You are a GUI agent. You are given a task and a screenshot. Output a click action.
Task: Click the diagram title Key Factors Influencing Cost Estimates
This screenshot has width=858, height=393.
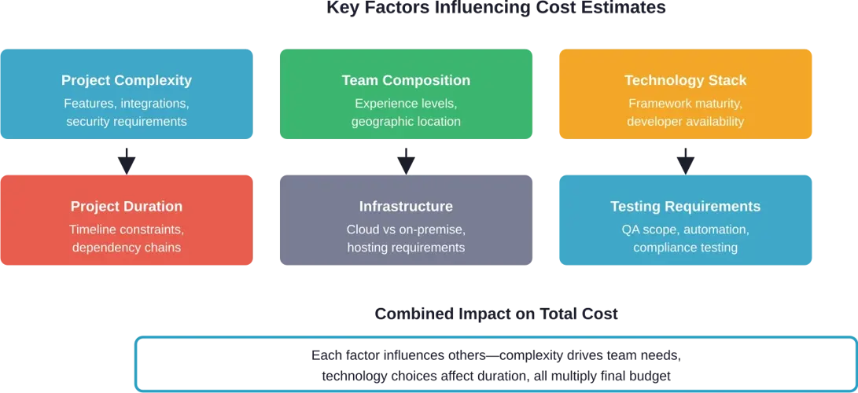pyautogui.click(x=495, y=8)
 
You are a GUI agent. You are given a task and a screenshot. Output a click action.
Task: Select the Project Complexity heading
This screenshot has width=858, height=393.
pyautogui.click(x=127, y=81)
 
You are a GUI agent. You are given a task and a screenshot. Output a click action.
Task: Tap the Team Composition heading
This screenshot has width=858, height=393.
pyautogui.click(x=406, y=81)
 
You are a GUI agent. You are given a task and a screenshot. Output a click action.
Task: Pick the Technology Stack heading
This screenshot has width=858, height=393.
pyautogui.click(x=686, y=81)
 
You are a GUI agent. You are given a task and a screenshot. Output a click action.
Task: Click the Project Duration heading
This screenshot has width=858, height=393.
pyautogui.click(x=127, y=207)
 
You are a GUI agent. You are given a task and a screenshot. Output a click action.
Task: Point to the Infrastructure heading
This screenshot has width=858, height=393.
pyautogui.click(x=406, y=207)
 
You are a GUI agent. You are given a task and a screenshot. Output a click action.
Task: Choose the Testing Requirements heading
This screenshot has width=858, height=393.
pyautogui.click(x=686, y=207)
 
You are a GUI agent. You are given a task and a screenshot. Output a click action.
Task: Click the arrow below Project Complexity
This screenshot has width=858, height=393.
pyautogui.click(x=127, y=160)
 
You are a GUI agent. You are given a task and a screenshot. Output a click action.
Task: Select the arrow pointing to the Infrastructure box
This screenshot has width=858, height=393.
pyautogui.click(x=406, y=160)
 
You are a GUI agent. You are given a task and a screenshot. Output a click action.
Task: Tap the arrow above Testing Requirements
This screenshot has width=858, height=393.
pyautogui.click(x=686, y=160)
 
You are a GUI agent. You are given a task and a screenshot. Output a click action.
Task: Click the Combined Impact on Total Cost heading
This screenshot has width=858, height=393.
pyautogui.click(x=496, y=314)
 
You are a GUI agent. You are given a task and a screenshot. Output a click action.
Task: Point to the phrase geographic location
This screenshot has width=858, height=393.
pyautogui.click(x=406, y=121)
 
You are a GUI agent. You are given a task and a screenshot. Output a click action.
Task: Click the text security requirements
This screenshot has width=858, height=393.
pyautogui.click(x=127, y=121)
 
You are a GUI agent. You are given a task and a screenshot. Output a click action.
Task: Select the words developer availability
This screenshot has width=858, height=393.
pyautogui.click(x=686, y=121)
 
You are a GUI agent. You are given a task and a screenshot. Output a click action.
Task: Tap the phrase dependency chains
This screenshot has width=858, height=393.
pyautogui.click(x=127, y=248)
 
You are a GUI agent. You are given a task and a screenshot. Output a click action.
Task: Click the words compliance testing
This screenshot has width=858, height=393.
pyautogui.click(x=686, y=248)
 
